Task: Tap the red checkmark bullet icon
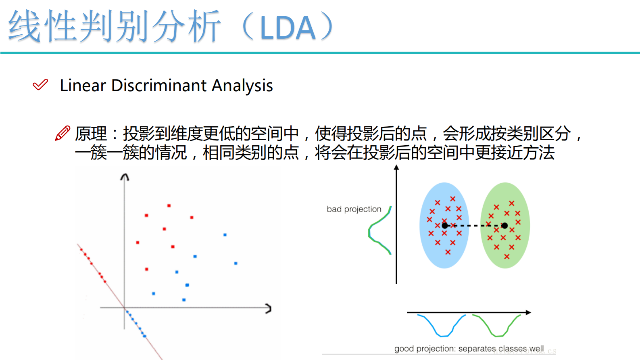click(40, 85)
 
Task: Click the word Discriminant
click(159, 86)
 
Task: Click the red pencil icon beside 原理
click(63, 133)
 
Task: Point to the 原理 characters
click(91, 134)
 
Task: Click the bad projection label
click(354, 209)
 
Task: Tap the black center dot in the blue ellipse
click(444, 226)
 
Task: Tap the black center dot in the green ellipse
click(504, 226)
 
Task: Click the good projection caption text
click(469, 349)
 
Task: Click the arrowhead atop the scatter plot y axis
click(125, 177)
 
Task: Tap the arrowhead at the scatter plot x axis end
click(269, 309)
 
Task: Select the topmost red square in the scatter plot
click(169, 206)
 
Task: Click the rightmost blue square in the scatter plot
click(236, 263)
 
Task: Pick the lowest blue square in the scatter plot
click(184, 300)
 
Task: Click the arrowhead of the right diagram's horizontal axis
click(528, 312)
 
